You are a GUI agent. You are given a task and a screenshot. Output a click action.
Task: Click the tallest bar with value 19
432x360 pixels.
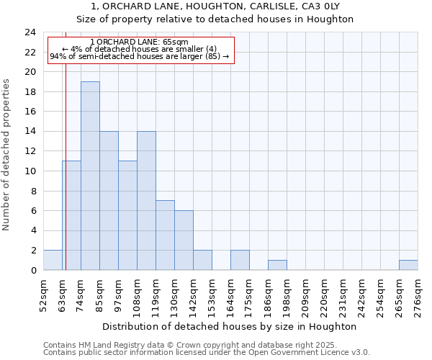(x=90, y=176)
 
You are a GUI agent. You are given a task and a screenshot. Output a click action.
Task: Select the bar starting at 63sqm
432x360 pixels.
(x=71, y=215)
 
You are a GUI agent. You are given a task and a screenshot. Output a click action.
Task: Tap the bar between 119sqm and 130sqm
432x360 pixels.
(x=165, y=235)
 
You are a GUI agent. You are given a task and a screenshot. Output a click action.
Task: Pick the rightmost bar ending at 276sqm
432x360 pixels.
(x=408, y=265)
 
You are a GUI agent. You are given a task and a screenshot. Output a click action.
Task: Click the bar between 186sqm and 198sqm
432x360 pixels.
(x=277, y=265)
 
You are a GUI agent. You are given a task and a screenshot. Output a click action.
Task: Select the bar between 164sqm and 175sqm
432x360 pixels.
(x=240, y=260)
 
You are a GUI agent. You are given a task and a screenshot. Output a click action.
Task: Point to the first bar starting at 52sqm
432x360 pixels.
(x=53, y=260)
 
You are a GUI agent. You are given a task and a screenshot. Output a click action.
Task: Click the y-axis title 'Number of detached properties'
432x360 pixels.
(x=7, y=155)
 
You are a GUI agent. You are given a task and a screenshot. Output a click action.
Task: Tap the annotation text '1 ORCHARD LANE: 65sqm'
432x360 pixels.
(x=140, y=42)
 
